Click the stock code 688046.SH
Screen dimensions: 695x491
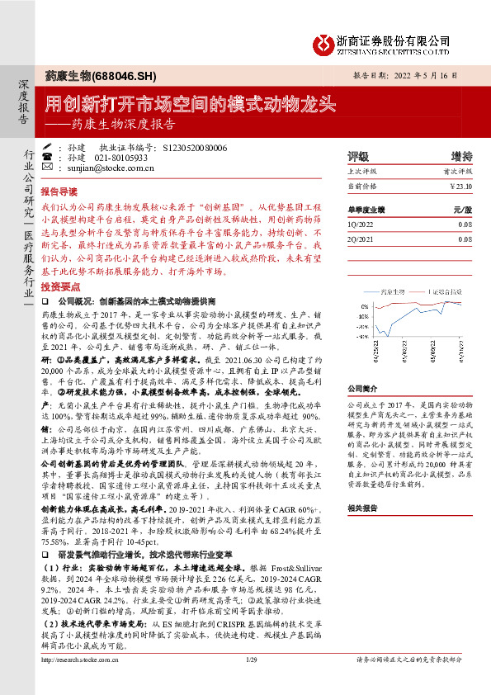(125, 76)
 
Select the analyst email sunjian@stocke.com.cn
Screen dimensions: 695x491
(102, 168)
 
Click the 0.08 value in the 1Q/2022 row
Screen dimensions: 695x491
(464, 224)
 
